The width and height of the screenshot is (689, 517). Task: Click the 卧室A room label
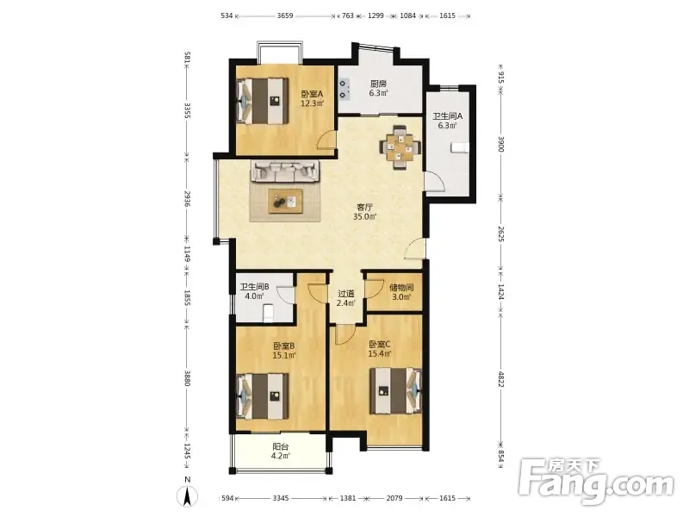pyautogui.click(x=312, y=94)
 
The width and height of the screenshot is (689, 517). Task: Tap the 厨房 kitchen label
pyautogui.click(x=378, y=84)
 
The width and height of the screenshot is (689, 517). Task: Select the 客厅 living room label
pyautogui.click(x=364, y=207)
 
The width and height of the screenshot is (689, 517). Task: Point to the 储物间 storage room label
pyautogui.click(x=401, y=288)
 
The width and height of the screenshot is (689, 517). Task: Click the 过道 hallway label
pyautogui.click(x=346, y=294)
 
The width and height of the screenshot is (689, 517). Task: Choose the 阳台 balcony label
pyautogui.click(x=281, y=447)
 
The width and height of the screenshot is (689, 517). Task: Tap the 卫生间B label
pyautogui.click(x=254, y=287)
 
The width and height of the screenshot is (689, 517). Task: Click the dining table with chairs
pyautogui.click(x=400, y=147)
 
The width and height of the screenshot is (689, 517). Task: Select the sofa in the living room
pyautogui.click(x=285, y=171)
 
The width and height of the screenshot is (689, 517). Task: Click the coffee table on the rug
pyautogui.click(x=286, y=202)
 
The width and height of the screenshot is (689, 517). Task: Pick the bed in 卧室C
pyautogui.click(x=395, y=391)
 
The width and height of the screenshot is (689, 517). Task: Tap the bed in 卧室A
pyautogui.click(x=263, y=101)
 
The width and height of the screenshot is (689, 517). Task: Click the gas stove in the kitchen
pyautogui.click(x=344, y=89)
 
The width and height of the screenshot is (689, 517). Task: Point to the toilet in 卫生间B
pyautogui.click(x=268, y=313)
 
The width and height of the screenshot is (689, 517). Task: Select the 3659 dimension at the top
pyautogui.click(x=285, y=16)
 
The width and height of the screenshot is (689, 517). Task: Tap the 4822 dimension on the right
pyautogui.click(x=500, y=379)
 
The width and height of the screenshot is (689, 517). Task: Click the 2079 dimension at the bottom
pyautogui.click(x=394, y=498)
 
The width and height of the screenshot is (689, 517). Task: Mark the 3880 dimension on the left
pyautogui.click(x=187, y=378)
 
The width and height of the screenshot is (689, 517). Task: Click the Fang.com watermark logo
pyautogui.click(x=596, y=483)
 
